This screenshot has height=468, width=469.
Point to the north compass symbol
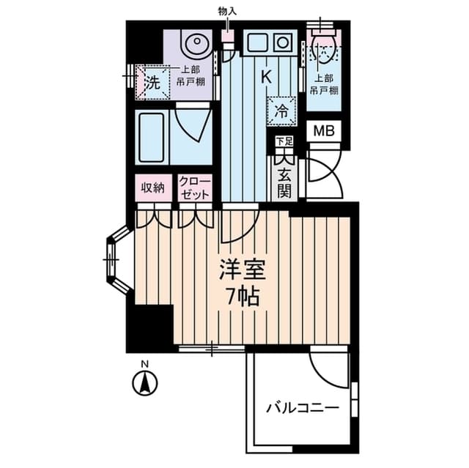[145, 382]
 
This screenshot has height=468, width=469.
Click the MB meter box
[323, 131]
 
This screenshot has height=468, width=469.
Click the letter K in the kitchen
[266, 76]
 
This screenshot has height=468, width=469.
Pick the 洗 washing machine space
[152, 83]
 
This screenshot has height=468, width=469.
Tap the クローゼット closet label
[194, 187]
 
